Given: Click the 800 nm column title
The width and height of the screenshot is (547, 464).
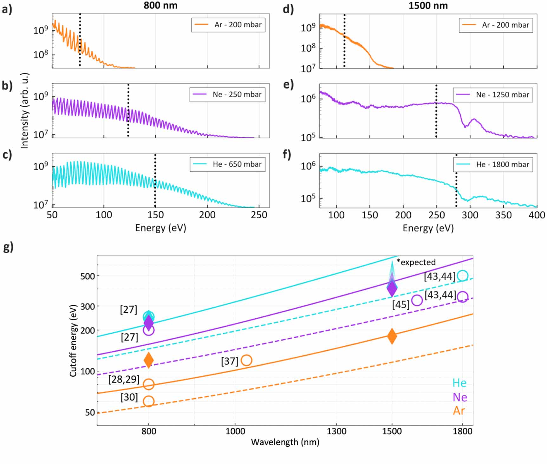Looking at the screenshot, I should (x=160, y=5).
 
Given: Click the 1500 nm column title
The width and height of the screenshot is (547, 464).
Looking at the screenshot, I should (x=428, y=5).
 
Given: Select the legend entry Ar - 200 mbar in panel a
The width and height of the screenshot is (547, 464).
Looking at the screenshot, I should (x=228, y=25).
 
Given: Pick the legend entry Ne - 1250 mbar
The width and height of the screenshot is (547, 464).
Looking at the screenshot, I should (x=493, y=95).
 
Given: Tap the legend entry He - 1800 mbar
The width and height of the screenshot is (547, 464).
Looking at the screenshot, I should (x=493, y=164).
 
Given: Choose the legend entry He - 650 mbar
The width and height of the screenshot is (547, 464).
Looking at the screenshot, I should (x=228, y=164).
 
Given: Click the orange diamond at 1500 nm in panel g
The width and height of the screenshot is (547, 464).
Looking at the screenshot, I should (x=392, y=336).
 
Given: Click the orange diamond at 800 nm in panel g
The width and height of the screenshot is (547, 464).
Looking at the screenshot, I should (x=148, y=360).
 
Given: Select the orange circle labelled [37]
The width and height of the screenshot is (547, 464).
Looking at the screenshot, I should (x=246, y=360).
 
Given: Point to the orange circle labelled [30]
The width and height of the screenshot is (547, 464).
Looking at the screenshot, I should (x=148, y=401).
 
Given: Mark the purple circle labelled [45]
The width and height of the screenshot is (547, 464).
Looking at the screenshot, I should (x=417, y=300).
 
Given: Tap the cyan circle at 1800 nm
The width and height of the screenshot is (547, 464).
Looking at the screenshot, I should (x=463, y=275).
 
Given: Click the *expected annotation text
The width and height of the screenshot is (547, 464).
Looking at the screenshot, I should (x=416, y=262).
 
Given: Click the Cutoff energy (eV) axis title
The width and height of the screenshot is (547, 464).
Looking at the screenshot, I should (x=73, y=341).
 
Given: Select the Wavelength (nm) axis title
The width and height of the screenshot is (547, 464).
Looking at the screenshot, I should (x=285, y=442).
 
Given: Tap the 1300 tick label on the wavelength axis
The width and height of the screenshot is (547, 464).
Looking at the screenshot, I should (x=336, y=431).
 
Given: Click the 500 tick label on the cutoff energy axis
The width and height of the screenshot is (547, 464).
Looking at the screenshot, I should (x=88, y=276).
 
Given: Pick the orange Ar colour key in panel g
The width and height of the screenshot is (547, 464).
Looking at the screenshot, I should (x=459, y=411).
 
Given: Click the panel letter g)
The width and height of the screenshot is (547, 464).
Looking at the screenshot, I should (x=8, y=247).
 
